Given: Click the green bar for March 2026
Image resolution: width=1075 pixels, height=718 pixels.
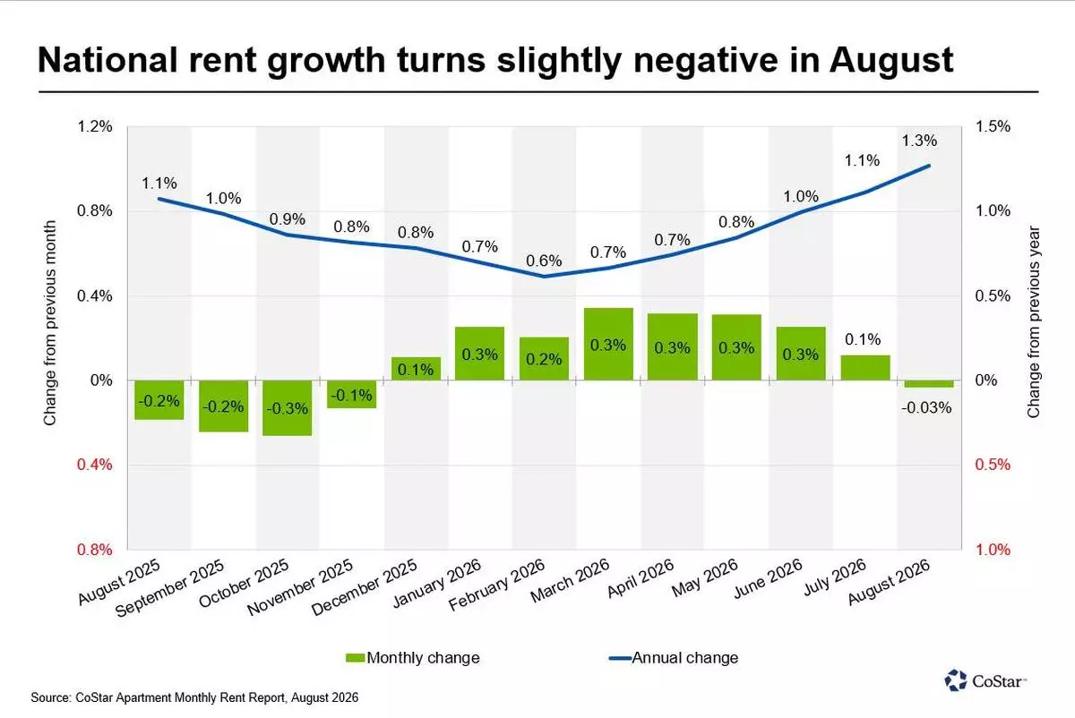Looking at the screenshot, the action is click(608, 344).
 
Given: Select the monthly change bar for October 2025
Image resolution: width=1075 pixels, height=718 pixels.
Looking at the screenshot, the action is click(287, 408).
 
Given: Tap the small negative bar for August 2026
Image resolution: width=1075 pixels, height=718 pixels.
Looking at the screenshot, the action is click(929, 384).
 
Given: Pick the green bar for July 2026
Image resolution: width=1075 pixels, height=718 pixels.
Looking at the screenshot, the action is click(865, 368).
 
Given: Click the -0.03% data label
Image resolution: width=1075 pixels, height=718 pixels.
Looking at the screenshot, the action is click(926, 407).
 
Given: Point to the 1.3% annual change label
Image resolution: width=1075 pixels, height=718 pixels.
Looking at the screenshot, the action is click(919, 141).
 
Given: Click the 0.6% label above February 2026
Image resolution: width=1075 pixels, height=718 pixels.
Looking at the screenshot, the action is click(544, 261).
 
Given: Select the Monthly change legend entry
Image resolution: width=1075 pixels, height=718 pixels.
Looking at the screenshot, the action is click(413, 657).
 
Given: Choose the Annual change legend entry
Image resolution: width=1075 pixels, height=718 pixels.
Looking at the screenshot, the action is click(674, 657).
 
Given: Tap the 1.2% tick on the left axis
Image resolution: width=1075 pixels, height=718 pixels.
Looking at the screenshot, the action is click(95, 126).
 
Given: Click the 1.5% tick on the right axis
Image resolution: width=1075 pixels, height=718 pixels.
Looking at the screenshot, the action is click(993, 126).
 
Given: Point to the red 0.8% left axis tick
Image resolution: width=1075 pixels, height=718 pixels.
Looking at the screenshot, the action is click(95, 549).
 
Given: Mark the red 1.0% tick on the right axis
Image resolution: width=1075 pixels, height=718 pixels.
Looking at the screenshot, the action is click(993, 549).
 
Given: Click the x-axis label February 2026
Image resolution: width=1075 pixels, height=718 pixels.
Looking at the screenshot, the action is click(496, 585).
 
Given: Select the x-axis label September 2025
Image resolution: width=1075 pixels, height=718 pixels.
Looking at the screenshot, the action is click(170, 587).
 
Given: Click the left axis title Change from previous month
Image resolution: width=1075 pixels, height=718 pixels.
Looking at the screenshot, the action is click(50, 323).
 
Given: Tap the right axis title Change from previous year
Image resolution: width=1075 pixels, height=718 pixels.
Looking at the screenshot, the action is click(1033, 321).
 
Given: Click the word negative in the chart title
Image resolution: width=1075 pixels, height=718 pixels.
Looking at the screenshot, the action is click(706, 61).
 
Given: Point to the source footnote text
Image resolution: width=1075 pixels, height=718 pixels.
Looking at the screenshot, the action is click(194, 697).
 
